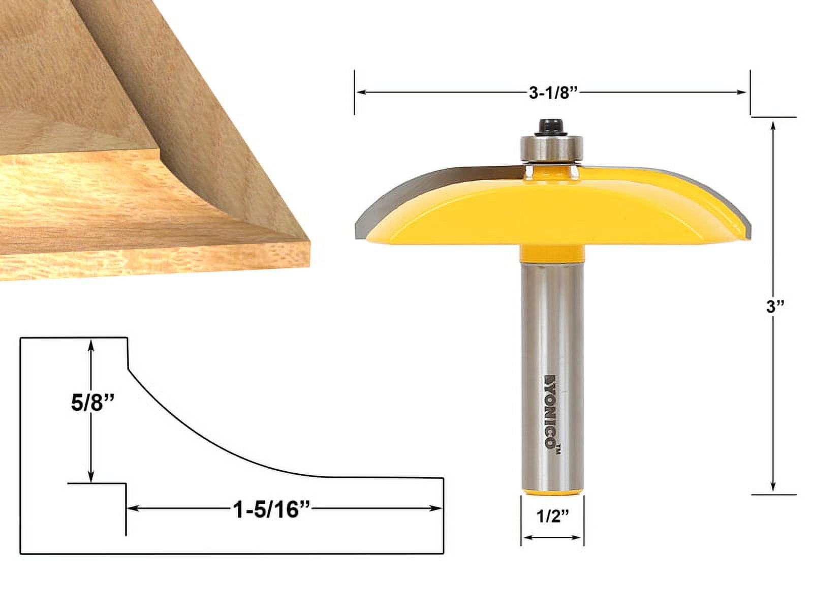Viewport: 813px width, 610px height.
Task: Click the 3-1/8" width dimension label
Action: coord(551,93)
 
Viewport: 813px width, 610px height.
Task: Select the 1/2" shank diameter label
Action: coord(552,517)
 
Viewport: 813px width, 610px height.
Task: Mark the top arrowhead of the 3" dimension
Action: coord(773,125)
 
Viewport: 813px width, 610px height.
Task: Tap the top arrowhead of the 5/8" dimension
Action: coord(90,345)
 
